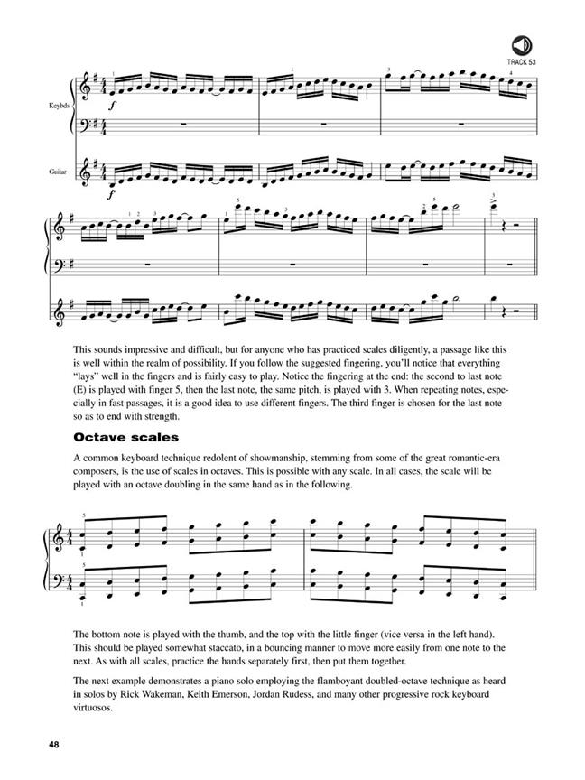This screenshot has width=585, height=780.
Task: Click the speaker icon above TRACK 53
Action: click(x=521, y=44)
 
